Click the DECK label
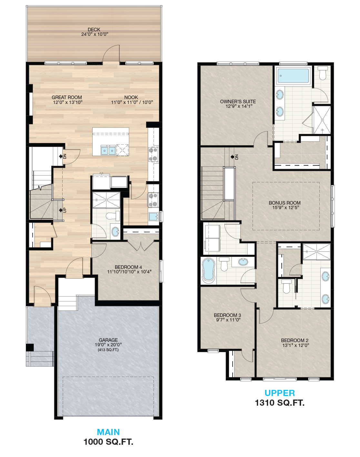pyautogui.click(x=94, y=29)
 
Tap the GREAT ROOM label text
pyautogui.click(x=67, y=97)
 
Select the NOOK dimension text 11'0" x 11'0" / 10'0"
pyautogui.click(x=132, y=102)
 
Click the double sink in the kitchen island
pyautogui.click(x=108, y=151)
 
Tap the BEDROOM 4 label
pyautogui.click(x=128, y=267)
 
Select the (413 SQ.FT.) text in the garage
pyautogui.click(x=108, y=350)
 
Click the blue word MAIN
pyautogui.click(x=108, y=432)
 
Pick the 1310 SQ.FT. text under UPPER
pyautogui.click(x=280, y=403)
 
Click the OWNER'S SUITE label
pyautogui.click(x=238, y=102)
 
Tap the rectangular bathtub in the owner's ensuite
pyautogui.click(x=293, y=76)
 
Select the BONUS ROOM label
pyautogui.click(x=285, y=203)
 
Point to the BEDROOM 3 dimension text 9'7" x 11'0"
pyautogui.click(x=228, y=320)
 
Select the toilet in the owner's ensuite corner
pyautogui.click(x=323, y=73)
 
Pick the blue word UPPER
pyautogui.click(x=280, y=393)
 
